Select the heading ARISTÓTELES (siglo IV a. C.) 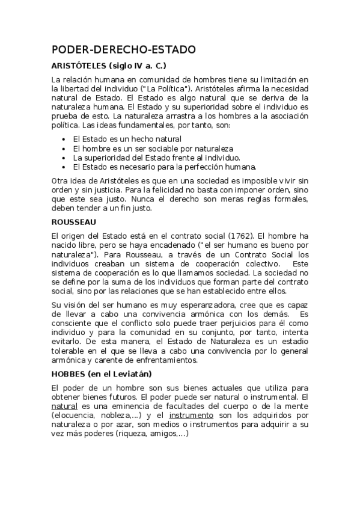tap(108, 66)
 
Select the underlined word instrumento tap(191, 415)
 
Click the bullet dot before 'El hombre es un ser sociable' tap(64, 148)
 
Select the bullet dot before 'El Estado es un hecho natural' tap(64, 139)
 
